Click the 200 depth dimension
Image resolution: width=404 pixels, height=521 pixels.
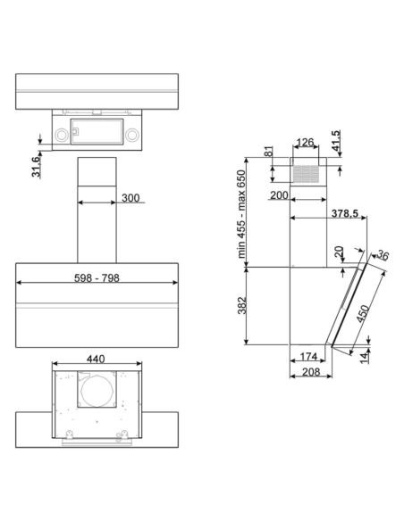(277, 194)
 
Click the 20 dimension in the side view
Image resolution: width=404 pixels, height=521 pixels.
(339, 252)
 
